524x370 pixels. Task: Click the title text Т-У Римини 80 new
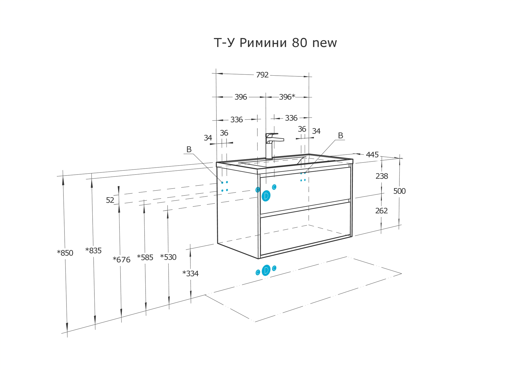point(275,43)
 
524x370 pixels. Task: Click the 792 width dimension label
point(262,75)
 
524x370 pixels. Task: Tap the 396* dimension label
point(287,97)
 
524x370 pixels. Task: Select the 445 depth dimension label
point(372,155)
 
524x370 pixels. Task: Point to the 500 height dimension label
point(399,191)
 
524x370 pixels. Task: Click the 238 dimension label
point(382,176)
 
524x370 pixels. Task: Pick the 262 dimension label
point(381,211)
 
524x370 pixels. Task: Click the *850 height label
point(65,253)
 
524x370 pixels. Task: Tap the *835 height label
point(93,251)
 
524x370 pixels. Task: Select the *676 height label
point(122,260)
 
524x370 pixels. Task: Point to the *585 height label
point(145,258)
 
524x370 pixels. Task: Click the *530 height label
point(168,257)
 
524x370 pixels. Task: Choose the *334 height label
point(190,274)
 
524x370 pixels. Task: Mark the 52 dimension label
point(110,200)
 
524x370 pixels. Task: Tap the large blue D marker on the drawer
point(266,196)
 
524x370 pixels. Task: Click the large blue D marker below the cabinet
point(266,270)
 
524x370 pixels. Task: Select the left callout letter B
point(189,149)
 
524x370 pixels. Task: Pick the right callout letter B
point(340,136)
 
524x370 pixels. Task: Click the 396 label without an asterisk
point(241,97)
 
